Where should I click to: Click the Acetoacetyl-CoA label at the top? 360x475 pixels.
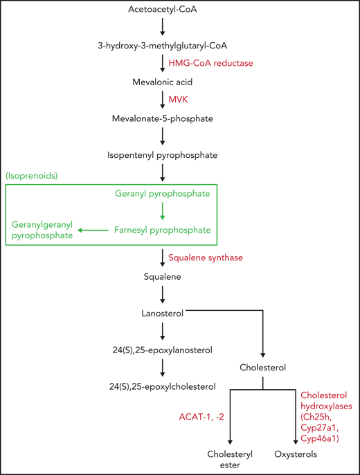coord(162,10)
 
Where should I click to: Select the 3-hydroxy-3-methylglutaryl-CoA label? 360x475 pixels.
coord(162,46)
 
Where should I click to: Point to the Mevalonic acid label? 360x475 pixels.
coord(162,82)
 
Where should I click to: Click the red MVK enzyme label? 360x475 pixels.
coord(179,100)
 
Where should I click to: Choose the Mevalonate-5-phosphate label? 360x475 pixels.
coord(162,118)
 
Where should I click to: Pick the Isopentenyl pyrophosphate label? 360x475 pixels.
coord(162,155)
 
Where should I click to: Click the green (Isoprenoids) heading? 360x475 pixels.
coord(33,177)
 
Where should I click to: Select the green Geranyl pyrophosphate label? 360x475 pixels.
coord(162,194)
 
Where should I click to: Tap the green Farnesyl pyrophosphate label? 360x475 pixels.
coord(162,229)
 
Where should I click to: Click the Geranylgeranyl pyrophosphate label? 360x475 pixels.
coord(41,230)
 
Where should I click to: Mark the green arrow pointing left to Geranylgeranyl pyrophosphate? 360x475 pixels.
coord(93,229)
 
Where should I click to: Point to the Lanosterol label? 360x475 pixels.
coord(162,314)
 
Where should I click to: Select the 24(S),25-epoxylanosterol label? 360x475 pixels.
coord(162,350)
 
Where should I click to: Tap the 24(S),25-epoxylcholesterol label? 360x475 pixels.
coord(162,386)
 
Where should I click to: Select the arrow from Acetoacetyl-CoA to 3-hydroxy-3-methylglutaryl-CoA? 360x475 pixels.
coord(162,28)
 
